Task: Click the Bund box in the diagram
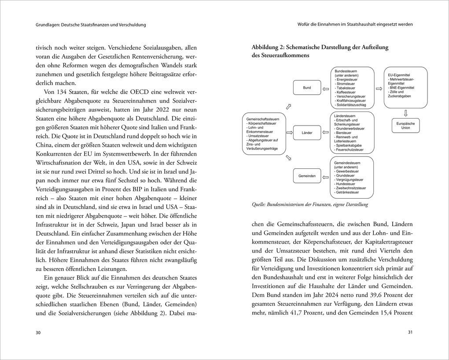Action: (x=307, y=88)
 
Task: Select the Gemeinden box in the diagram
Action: (x=307, y=176)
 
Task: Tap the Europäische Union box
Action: (x=405, y=126)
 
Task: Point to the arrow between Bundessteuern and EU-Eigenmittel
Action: (x=379, y=88)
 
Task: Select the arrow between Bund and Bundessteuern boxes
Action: (x=326, y=88)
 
